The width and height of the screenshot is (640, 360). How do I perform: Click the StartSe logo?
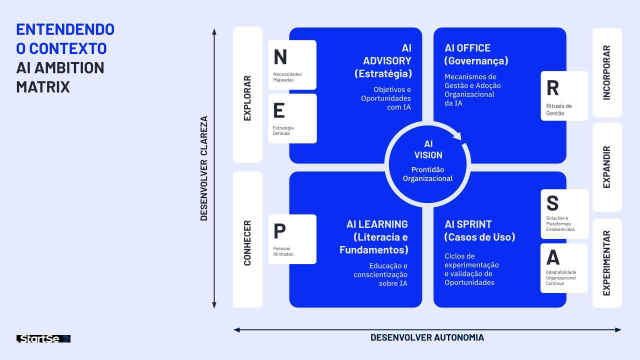pos(43,339)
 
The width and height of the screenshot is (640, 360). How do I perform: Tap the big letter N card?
pos(292,65)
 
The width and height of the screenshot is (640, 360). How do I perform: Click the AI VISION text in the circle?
pos(428,149)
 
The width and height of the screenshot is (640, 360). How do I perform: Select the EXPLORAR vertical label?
pos(247,98)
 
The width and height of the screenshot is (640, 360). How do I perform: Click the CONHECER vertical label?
pos(247,243)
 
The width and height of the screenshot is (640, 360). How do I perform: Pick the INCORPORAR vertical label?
pos(607,73)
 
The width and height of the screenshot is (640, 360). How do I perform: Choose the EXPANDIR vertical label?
pos(607,167)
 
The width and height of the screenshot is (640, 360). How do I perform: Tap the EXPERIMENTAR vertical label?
pos(607,263)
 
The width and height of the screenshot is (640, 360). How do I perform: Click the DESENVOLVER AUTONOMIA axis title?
pos(427,337)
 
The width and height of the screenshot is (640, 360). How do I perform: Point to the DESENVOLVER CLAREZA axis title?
pos(204,168)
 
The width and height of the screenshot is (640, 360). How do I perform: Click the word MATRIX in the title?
pos(43,87)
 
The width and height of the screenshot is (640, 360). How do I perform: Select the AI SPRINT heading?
pos(468,224)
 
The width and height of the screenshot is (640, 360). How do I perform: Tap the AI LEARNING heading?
pos(377,224)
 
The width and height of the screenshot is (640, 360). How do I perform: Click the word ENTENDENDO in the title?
pos(65,29)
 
